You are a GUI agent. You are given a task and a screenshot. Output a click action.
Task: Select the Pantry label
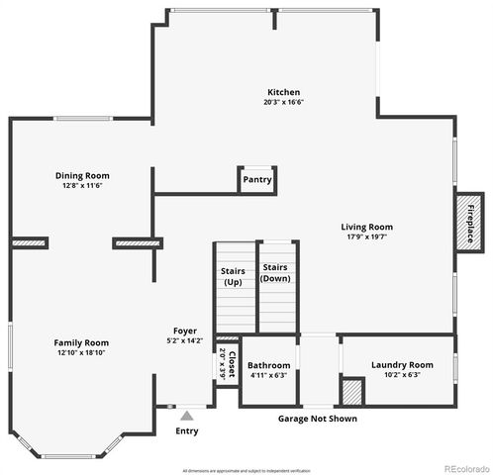tap(256, 180)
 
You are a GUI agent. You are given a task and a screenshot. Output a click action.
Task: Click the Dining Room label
tap(80, 175)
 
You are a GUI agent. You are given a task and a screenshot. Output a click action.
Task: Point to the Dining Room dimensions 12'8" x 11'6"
tap(80, 185)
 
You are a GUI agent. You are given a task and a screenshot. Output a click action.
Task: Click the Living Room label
tap(367, 227)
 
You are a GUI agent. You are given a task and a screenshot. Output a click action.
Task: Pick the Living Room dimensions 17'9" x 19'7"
tap(367, 237)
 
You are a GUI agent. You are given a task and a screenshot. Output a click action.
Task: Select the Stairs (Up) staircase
tap(233, 287)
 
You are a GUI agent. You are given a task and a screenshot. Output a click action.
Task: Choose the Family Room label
tap(80, 342)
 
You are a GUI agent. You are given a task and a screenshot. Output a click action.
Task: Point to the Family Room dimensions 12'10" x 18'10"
tap(80, 352)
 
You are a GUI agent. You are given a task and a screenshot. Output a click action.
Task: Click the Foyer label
tap(185, 331)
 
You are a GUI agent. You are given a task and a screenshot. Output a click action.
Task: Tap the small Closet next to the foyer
tap(227, 364)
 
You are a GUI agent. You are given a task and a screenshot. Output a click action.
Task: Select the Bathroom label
tap(268, 365)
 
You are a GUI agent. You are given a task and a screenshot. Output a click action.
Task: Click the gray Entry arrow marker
tap(186, 416)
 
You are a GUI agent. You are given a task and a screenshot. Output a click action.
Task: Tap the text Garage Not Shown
tap(318, 419)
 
